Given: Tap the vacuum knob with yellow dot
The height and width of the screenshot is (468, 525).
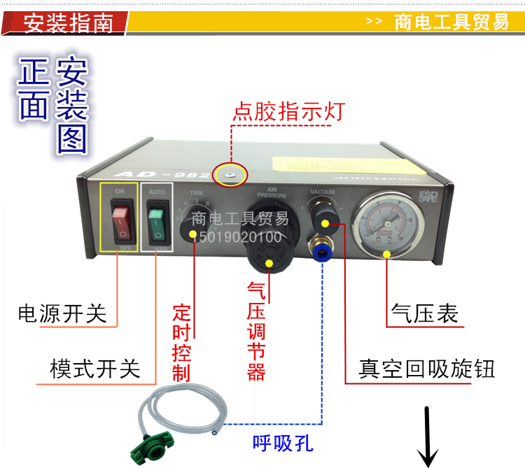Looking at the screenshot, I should click(325, 223).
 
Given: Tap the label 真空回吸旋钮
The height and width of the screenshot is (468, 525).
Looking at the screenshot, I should click(426, 369).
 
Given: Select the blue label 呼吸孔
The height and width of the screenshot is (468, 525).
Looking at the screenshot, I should click(283, 443).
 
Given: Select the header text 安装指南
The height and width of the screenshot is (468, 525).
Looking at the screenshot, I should click(69, 23).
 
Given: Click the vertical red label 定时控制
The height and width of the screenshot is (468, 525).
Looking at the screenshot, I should click(181, 342).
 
